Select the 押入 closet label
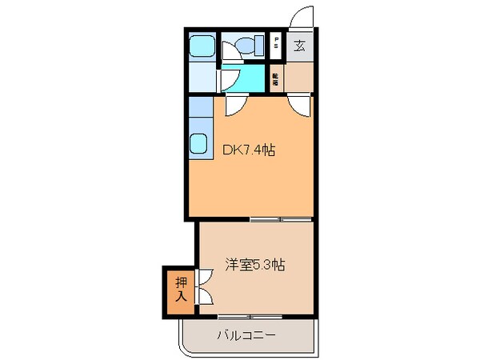180,289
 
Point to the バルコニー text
246,334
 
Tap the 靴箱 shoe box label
276,78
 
